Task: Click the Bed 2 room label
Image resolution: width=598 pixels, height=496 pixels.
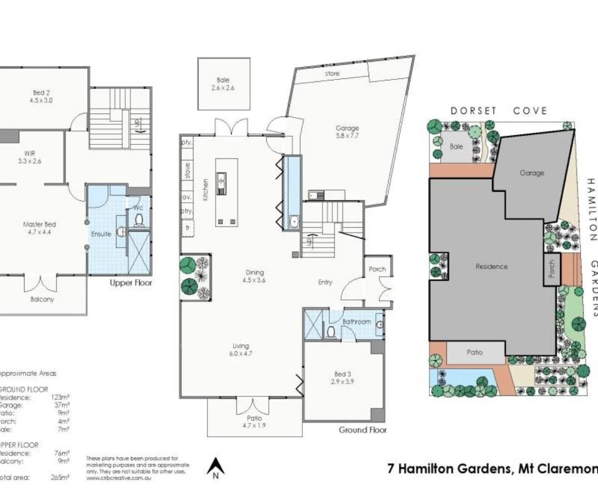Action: pyautogui.click(x=41, y=96)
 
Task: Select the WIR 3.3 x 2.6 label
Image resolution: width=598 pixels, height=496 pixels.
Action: pyautogui.click(x=29, y=157)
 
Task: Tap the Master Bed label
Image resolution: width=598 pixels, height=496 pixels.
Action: pyautogui.click(x=39, y=228)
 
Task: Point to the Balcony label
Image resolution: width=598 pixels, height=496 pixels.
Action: pyautogui.click(x=42, y=299)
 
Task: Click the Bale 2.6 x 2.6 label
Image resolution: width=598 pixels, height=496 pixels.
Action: pyautogui.click(x=223, y=84)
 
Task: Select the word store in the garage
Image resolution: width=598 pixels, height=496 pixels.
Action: pyautogui.click(x=332, y=74)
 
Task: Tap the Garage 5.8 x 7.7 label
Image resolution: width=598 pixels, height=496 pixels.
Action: pyautogui.click(x=347, y=131)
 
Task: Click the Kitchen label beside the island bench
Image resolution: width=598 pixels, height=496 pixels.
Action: pyautogui.click(x=206, y=190)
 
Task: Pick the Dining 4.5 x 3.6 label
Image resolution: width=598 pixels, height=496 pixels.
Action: pyautogui.click(x=254, y=276)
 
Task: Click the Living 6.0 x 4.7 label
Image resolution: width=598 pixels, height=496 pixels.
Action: pyautogui.click(x=241, y=349)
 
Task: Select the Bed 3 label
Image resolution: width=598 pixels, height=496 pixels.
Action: pyautogui.click(x=342, y=378)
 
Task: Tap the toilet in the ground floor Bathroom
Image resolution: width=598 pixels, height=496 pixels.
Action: pyautogui.click(x=331, y=332)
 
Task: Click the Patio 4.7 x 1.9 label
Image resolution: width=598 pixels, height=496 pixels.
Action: pyautogui.click(x=254, y=421)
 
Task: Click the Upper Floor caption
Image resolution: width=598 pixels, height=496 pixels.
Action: pyautogui.click(x=130, y=283)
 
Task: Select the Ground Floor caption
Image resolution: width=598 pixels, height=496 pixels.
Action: pyautogui.click(x=363, y=430)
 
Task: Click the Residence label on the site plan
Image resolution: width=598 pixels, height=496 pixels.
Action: pyautogui.click(x=491, y=266)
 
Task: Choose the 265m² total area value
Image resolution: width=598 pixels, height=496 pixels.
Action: pyautogui.click(x=60, y=478)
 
